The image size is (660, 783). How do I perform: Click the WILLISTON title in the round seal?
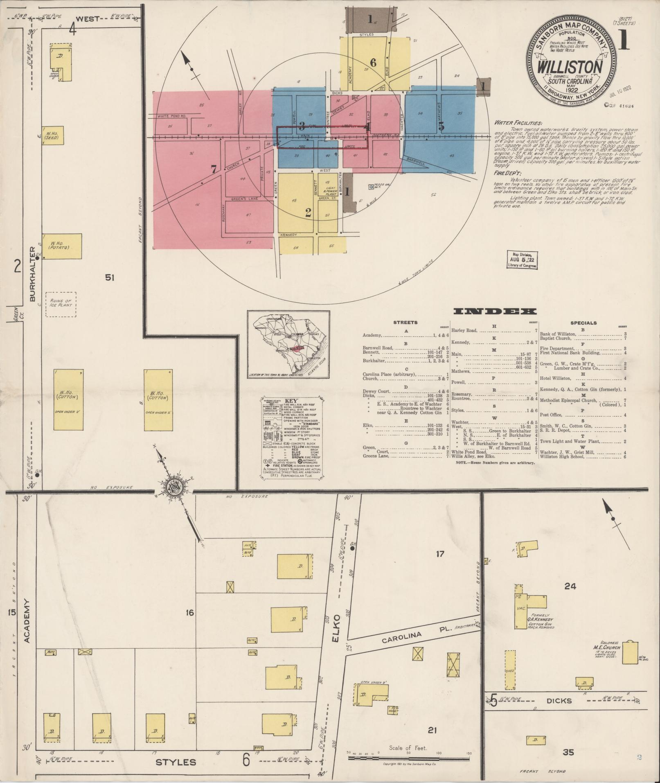[x=570, y=67]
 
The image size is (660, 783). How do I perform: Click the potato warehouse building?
[x=62, y=246]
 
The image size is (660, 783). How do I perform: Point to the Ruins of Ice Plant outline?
[x=61, y=304]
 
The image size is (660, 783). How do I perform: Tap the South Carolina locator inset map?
[x=288, y=344]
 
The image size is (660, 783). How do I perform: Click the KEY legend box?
[x=291, y=438]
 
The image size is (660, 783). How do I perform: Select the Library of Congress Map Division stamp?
[x=522, y=259]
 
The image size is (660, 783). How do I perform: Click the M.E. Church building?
[x=629, y=653]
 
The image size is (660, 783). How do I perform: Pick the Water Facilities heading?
[x=518, y=122]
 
